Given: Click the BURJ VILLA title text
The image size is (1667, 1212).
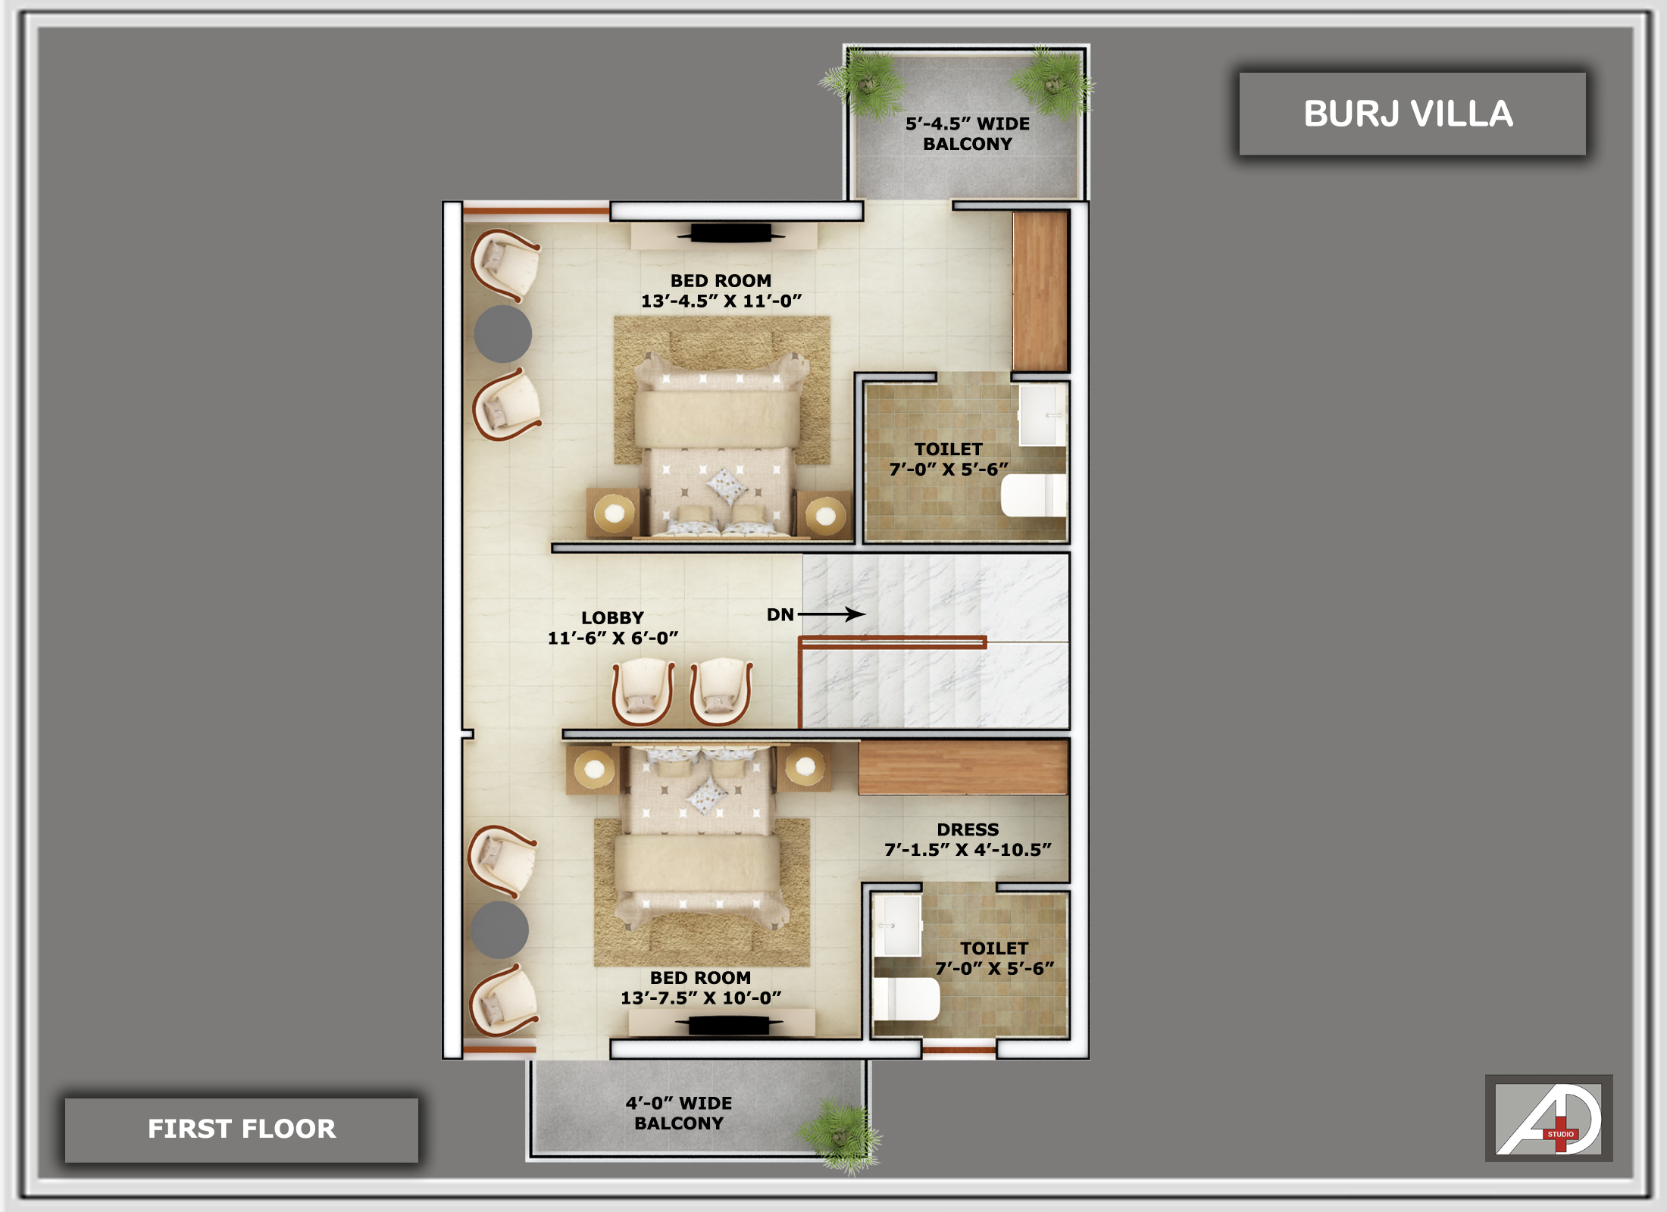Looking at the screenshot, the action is [x=1408, y=114].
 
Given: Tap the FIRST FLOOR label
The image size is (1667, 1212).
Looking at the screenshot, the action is [x=242, y=1129].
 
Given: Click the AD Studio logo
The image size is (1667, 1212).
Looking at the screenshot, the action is [x=1548, y=1118].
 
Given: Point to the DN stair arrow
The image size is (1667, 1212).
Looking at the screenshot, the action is [x=831, y=614].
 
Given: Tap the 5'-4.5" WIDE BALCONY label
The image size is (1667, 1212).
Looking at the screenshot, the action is [x=968, y=133].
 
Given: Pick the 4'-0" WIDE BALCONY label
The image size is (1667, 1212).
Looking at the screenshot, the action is [x=679, y=1113].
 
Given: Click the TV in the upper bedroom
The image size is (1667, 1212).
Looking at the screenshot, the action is [x=730, y=233].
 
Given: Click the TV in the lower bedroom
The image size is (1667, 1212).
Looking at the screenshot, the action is [x=728, y=1025].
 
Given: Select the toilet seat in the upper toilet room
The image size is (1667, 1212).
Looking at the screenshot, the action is [x=1034, y=495].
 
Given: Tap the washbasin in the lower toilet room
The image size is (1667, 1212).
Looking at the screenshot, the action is [x=897, y=925].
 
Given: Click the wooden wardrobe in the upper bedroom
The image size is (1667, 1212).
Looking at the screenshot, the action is [x=1040, y=291].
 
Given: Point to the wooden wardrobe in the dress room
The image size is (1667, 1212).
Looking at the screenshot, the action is [x=963, y=767].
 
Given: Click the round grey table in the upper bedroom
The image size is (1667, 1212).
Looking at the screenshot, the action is [x=503, y=333].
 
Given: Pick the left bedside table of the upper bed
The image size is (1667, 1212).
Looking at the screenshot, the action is [x=613, y=513].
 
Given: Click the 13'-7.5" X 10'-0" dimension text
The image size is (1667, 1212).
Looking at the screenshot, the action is [x=701, y=998].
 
